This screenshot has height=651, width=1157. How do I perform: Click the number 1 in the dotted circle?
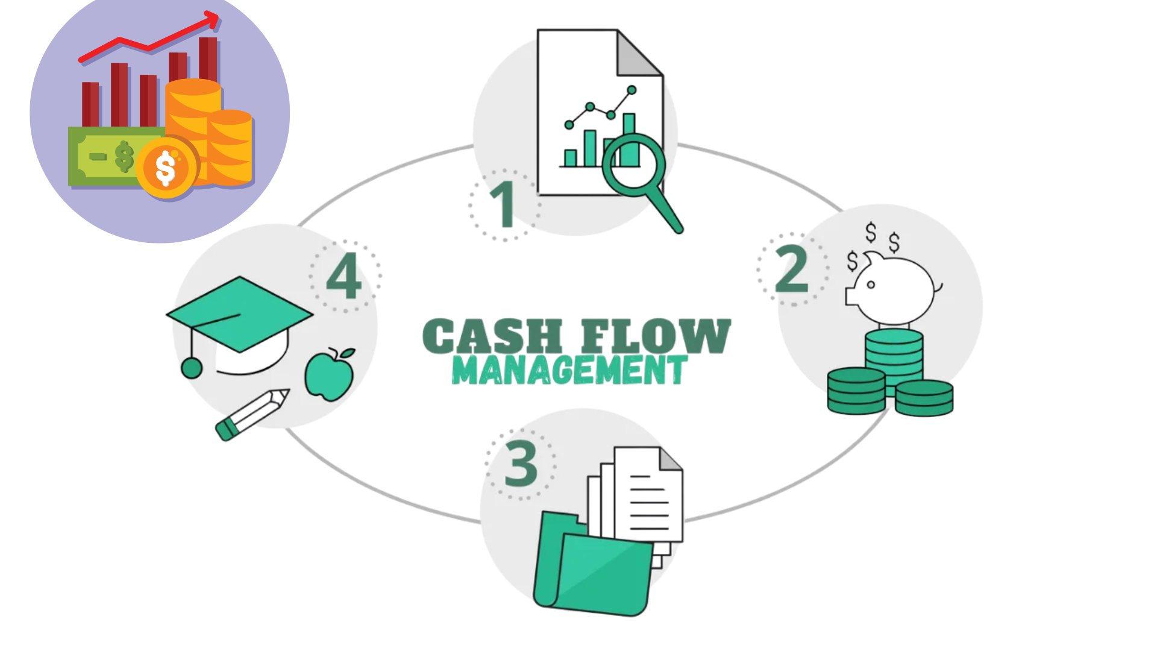click(504, 204)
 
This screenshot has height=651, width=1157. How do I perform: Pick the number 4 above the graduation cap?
click(344, 276)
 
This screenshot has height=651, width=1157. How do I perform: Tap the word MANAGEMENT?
click(569, 370)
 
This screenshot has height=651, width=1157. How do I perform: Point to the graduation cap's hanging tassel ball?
click(192, 368)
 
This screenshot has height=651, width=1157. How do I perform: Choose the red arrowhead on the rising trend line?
click(212, 20)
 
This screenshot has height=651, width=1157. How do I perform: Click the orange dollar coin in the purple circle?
click(166, 168)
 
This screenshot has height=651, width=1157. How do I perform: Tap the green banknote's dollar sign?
click(124, 156)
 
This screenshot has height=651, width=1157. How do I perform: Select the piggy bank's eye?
click(871, 285)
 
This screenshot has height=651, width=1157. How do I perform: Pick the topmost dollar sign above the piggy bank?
click(871, 232)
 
